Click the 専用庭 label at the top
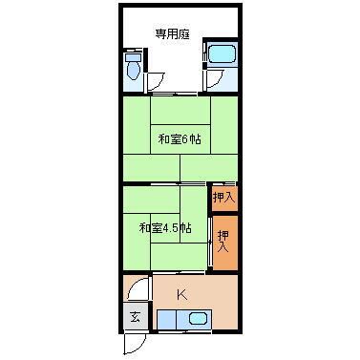(172, 34)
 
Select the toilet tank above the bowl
(132, 56)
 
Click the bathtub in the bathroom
(222, 55)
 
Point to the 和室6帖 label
(179, 139)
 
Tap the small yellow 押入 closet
(224, 199)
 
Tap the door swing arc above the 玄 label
(138, 287)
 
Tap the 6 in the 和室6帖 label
(183, 139)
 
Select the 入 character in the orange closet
(223, 247)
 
